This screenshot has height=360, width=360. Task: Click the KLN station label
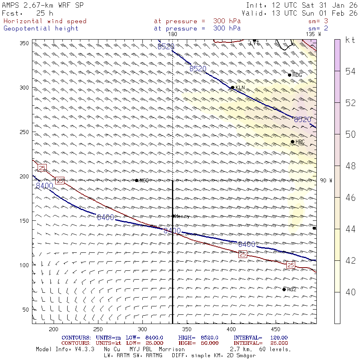pyautogui.click(x=240, y=88)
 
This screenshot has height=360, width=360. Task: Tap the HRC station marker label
pyautogui.click(x=300, y=142)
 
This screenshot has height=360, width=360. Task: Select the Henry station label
pyautogui.click(x=182, y=216)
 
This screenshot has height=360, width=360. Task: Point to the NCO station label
pyautogui.click(x=144, y=181)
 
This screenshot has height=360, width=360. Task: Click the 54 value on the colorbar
pyautogui.click(x=350, y=71)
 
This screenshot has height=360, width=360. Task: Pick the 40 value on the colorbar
pyautogui.click(x=350, y=292)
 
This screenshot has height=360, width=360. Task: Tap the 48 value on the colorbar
pyautogui.click(x=350, y=166)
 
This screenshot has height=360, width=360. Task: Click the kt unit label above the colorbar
pyautogui.click(x=350, y=40)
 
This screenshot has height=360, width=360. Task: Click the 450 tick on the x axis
pyautogui.click(x=186, y=329)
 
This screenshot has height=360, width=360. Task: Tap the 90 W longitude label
pyautogui.click(x=326, y=181)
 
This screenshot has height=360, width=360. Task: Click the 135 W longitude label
pyautogui.click(x=313, y=34)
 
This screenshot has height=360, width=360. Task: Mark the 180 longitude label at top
pyautogui.click(x=172, y=34)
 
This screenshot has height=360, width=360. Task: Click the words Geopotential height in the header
pyautogui.click(x=41, y=28)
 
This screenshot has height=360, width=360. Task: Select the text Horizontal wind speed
pyautogui.click(x=45, y=21)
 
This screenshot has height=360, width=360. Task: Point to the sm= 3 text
pyautogui.click(x=318, y=21)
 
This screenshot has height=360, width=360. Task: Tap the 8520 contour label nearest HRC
pyautogui.click(x=302, y=120)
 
